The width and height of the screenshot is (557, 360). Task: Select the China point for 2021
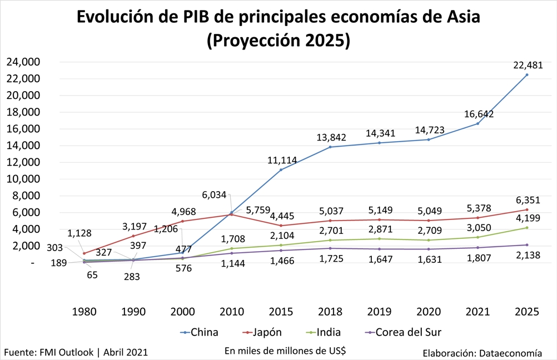[477, 123]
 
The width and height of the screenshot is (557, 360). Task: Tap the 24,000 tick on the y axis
[23, 62]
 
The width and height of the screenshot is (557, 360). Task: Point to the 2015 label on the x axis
[281, 312]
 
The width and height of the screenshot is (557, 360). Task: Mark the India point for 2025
[526, 228]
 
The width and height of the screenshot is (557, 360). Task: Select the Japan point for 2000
[182, 221]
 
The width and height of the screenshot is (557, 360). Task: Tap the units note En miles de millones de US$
[285, 351]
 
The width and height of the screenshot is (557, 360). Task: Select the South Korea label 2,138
[526, 255]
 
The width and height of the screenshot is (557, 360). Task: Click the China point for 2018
[330, 147]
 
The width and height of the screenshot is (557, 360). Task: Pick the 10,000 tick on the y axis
[23, 179]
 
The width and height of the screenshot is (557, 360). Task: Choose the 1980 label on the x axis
[84, 312]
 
